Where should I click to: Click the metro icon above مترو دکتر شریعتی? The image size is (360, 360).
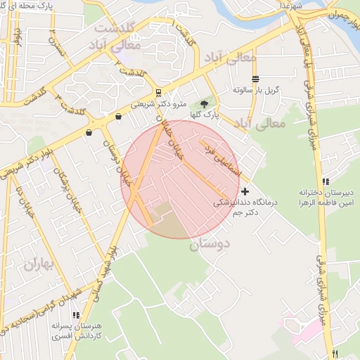coord(159,93)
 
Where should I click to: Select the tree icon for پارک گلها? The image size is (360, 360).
coord(205,104)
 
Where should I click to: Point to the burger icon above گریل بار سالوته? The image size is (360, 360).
coord(255,79)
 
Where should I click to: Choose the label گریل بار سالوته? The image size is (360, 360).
coord(257,91)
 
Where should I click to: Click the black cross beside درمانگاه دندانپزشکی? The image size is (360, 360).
coord(245,191)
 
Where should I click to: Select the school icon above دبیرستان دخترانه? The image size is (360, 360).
coord(325,181)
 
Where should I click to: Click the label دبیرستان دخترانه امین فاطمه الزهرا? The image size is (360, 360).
coord(324,196)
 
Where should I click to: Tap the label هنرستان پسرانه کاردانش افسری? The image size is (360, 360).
coord(76,332)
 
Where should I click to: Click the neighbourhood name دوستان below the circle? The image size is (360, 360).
coord(210,245)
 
